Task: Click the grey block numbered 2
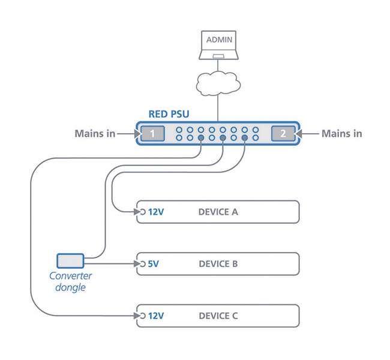pos(283,134)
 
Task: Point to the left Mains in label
pos(95,134)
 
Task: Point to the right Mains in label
pos(341,134)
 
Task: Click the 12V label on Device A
pos(155,212)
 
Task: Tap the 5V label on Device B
pos(153,263)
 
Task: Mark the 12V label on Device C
pos(155,316)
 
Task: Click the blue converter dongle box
pos(70,260)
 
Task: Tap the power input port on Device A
pos(142,212)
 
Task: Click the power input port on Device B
pos(142,263)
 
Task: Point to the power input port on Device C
pos(142,316)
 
